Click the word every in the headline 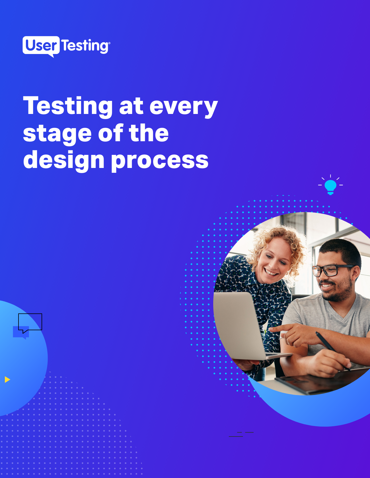(184, 106)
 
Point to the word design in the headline (64, 160)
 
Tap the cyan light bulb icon (330, 186)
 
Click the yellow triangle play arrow (7, 379)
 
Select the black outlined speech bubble (30, 322)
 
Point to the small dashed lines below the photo (241, 434)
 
